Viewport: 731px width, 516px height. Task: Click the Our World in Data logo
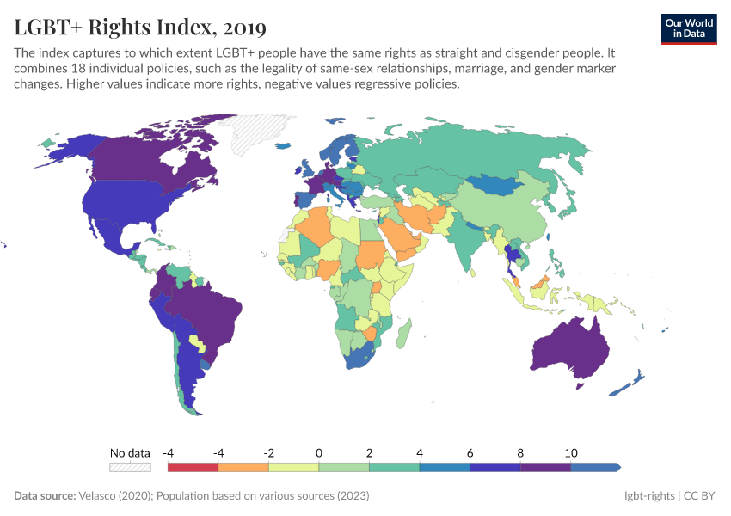point(689,28)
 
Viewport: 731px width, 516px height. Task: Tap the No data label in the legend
point(130,452)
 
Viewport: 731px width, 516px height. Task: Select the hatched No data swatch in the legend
point(130,467)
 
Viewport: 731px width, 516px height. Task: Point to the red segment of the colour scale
point(193,467)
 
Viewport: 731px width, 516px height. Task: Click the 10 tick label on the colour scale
point(570,452)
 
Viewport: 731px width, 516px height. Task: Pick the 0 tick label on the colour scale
point(319,452)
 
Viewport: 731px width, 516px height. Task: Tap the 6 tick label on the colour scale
point(470,452)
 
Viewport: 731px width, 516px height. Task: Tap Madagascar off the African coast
point(403,335)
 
